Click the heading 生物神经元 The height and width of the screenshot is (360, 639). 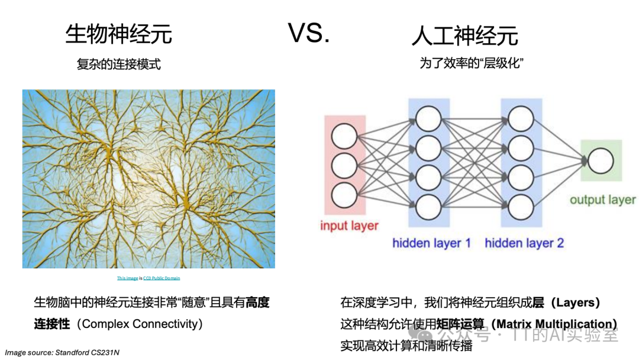(x=118, y=34)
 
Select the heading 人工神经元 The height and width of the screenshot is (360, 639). (x=464, y=36)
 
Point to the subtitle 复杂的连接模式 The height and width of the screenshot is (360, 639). (x=118, y=64)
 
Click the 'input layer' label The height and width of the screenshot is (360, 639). (x=349, y=226)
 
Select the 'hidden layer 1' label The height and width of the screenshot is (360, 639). (x=431, y=243)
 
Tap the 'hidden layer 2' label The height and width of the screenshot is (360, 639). (x=524, y=243)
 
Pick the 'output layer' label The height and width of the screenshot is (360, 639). (x=602, y=200)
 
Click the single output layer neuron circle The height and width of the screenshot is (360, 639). (x=600, y=161)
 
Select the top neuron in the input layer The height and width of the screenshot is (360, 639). (x=344, y=137)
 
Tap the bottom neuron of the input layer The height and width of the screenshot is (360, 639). (x=344, y=194)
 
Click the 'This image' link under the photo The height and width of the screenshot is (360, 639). (x=128, y=278)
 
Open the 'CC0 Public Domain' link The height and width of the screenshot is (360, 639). (x=162, y=278)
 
